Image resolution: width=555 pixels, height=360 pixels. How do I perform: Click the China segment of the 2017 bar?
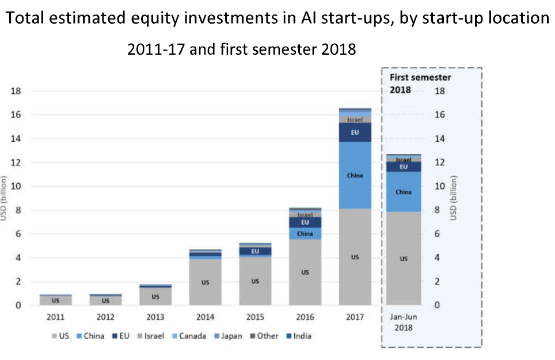pos(355,175)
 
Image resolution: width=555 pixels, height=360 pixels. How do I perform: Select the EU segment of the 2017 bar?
pos(355,132)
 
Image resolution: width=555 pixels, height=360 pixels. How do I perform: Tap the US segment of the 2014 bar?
pos(206,282)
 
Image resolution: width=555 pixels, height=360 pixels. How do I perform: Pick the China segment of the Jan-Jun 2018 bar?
pos(404,192)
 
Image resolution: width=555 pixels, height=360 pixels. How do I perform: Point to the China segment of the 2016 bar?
pos(305,233)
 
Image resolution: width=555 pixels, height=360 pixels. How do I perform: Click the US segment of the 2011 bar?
pos(56,300)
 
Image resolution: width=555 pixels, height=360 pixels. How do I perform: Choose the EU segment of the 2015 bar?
pos(255,251)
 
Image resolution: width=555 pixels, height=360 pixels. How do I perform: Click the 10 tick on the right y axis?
pos(440,187)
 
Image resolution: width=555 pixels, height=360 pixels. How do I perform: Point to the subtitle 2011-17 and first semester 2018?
pos(242,50)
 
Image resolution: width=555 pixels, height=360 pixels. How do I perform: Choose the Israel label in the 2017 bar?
pos(355,120)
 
